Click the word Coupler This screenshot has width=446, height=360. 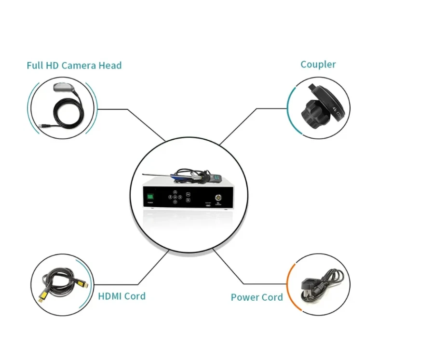coord(318,65)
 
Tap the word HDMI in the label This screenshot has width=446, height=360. coord(109,296)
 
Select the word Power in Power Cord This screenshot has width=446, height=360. coord(245,297)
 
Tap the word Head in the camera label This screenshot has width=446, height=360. coord(110,66)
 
